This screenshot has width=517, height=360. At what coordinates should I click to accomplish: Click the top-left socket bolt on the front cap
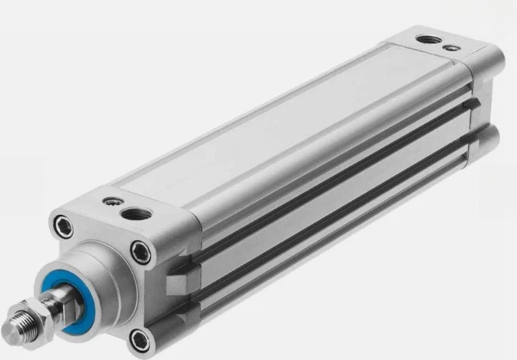(x=61, y=225)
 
